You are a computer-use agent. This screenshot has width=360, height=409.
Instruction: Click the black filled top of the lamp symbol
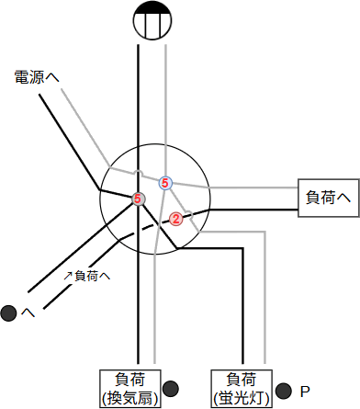point(151,10)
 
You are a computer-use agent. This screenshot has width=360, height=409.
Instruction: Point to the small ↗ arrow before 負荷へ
point(67,275)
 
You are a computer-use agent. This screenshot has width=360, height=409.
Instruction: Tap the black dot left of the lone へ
point(10,313)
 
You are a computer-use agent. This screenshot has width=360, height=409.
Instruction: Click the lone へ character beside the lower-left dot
point(28,313)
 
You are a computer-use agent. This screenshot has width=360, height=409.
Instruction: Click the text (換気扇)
point(129,398)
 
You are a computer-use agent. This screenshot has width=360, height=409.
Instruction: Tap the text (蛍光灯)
point(241,398)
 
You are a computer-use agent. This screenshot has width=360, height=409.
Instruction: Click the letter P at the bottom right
point(305,391)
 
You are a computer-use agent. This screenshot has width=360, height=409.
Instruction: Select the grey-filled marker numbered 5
point(138,199)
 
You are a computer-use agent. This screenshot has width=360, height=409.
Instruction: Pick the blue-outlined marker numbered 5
point(165,183)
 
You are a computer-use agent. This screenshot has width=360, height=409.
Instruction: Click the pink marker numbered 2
point(175,219)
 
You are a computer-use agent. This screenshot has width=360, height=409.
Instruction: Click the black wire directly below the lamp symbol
point(138,101)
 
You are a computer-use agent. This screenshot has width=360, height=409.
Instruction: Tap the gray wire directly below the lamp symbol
point(165,101)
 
